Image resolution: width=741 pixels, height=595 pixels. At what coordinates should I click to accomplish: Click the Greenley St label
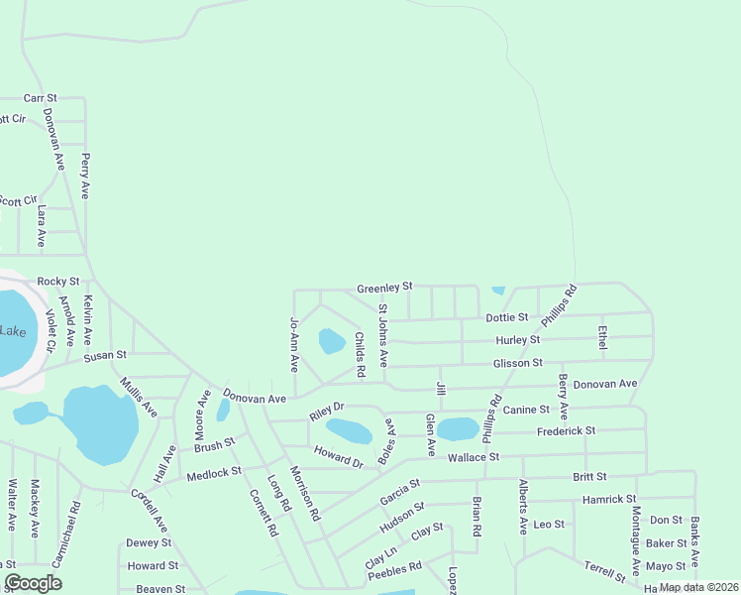(x=384, y=287)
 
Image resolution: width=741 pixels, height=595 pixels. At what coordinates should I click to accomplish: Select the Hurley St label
(x=519, y=340)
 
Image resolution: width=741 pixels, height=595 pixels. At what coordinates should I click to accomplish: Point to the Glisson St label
(x=519, y=364)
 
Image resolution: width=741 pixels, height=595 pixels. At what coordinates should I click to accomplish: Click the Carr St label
(x=41, y=98)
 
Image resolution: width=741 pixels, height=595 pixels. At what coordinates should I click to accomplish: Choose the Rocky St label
(x=57, y=282)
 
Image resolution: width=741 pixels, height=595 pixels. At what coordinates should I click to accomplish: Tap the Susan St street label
(x=105, y=355)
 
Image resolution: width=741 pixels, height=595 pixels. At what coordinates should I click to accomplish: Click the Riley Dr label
(x=326, y=408)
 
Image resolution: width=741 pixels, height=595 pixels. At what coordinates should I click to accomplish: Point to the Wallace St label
(x=473, y=457)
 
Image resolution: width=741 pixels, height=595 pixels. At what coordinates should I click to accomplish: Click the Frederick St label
(x=566, y=431)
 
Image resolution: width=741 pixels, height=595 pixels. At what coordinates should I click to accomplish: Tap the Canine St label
(x=526, y=410)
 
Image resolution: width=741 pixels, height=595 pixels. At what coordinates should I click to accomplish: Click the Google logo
(x=33, y=583)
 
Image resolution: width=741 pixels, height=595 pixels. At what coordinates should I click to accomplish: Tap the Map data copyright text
(x=698, y=587)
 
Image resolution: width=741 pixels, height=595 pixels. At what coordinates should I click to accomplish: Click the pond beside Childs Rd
(x=332, y=341)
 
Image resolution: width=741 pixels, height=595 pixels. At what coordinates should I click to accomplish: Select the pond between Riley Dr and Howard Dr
(x=349, y=431)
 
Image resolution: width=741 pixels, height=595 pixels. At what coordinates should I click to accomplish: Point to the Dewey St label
(x=149, y=542)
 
